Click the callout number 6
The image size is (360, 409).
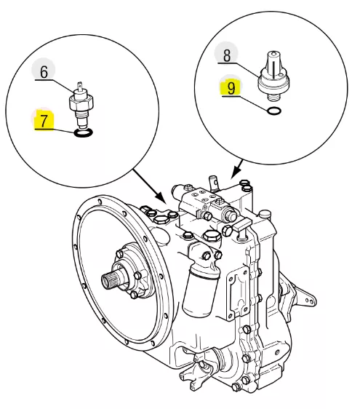click(x=44, y=72)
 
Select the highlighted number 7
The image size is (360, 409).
click(x=44, y=121)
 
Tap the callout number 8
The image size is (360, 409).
click(x=227, y=55)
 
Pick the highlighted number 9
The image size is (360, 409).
click(x=231, y=88)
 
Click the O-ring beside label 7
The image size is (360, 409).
click(x=83, y=133)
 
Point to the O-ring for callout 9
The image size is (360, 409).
click(x=274, y=111)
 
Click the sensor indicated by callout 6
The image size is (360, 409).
click(x=81, y=105)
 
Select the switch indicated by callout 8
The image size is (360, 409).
click(x=274, y=76)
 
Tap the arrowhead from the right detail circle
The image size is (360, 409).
click(x=235, y=173)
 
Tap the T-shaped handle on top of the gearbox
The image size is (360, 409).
click(x=242, y=226)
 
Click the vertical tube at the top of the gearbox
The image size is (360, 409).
click(x=214, y=183)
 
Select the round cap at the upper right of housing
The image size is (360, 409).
click(x=265, y=214)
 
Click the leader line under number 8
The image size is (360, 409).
click(x=239, y=69)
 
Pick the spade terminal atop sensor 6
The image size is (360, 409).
click(x=80, y=86)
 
